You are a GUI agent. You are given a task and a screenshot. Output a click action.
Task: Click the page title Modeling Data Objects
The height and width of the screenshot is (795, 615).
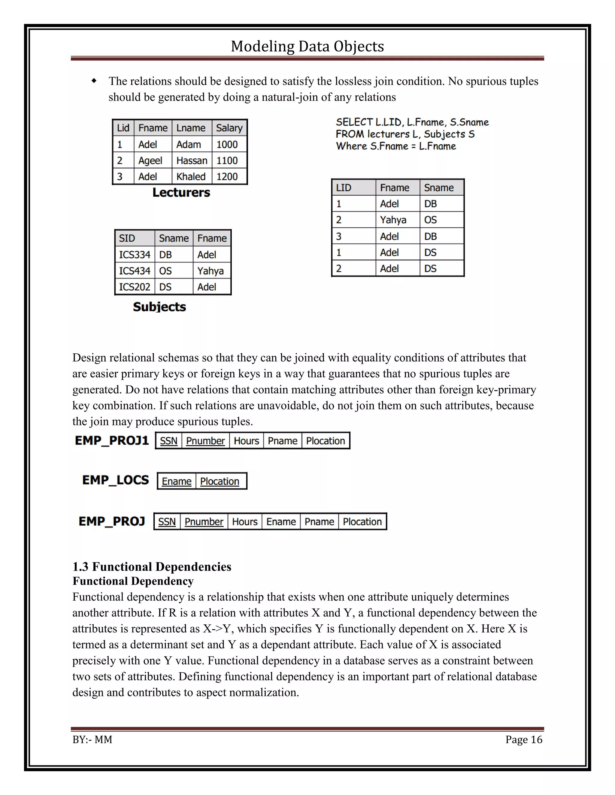tap(307, 46)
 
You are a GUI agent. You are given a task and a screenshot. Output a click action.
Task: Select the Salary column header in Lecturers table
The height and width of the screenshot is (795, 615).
tap(229, 128)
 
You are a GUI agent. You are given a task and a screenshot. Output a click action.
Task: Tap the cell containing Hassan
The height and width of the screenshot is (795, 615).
tap(192, 160)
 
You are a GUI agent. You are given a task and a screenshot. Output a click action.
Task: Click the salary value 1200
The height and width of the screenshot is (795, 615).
tap(227, 176)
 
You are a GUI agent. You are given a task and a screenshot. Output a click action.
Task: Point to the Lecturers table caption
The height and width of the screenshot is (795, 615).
tap(181, 193)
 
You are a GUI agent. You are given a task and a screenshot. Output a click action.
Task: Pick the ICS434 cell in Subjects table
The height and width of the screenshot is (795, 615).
tap(135, 271)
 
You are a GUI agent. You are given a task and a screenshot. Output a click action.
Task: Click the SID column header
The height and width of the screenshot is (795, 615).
tap(127, 238)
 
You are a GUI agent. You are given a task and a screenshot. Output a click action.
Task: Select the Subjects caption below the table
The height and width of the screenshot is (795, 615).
tap(159, 307)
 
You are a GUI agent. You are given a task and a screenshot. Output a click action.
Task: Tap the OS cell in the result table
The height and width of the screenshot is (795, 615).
tap(430, 220)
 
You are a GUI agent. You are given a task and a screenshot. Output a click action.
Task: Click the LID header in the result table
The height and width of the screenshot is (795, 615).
tap(344, 188)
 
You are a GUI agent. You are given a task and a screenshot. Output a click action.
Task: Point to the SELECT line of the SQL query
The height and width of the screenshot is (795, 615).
tap(412, 122)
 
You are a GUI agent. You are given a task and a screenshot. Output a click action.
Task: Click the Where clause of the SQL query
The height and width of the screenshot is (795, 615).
tap(396, 146)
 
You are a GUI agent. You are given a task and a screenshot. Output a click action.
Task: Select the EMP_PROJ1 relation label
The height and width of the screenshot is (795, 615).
tap(112, 440)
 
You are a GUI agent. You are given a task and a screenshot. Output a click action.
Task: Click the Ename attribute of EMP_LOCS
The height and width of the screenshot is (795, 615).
tap(177, 481)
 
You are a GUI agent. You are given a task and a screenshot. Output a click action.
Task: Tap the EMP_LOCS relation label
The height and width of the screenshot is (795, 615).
tap(116, 480)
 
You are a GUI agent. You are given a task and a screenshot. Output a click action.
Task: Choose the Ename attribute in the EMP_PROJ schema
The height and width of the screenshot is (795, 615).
tap(281, 522)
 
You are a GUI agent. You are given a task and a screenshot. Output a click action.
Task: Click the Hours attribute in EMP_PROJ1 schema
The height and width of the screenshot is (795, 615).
tap(246, 441)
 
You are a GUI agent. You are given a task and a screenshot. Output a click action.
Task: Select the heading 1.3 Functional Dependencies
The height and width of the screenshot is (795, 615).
tap(152, 567)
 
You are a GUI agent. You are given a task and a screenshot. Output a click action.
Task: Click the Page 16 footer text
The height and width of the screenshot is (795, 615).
tap(523, 740)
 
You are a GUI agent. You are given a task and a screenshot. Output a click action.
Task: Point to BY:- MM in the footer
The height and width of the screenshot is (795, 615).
tap(92, 740)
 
